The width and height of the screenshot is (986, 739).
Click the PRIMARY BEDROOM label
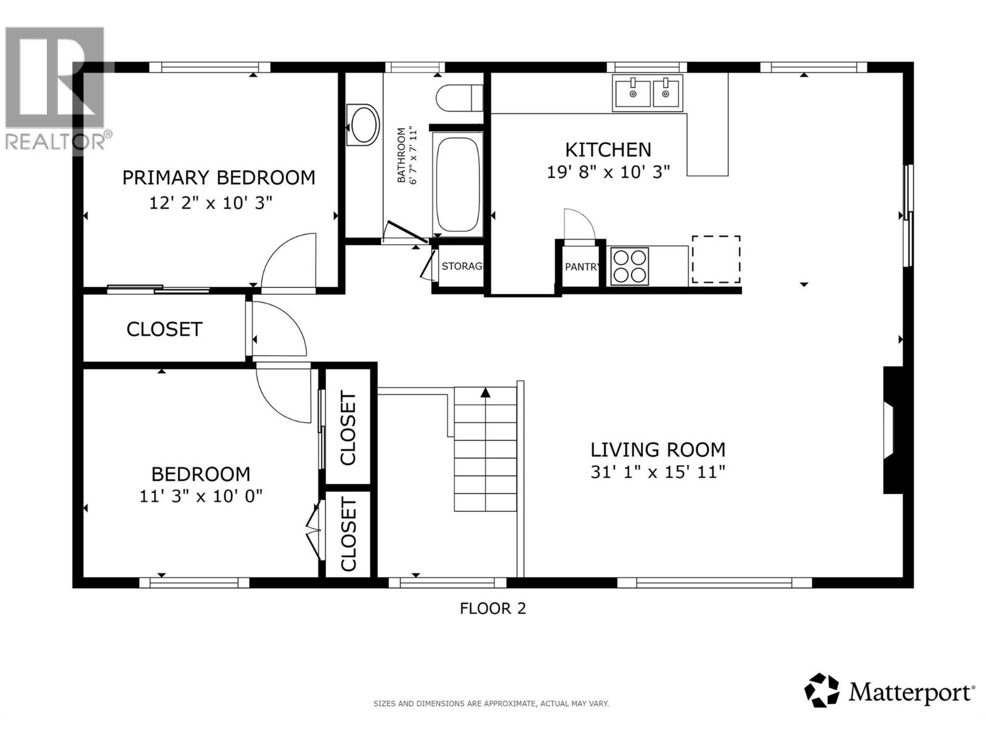(x=218, y=177)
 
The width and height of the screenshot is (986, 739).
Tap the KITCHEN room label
(x=608, y=150)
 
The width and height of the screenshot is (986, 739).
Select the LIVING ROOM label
(x=658, y=450)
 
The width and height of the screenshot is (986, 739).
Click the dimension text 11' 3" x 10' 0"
(x=200, y=496)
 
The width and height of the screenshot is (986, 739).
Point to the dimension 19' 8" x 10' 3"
(x=608, y=172)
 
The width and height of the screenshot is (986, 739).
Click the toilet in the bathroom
(x=459, y=97)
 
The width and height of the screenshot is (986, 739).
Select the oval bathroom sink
(x=362, y=124)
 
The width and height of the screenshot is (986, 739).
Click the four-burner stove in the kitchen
(x=629, y=266)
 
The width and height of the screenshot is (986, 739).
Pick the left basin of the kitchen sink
(x=632, y=93)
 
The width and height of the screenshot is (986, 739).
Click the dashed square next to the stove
(x=715, y=259)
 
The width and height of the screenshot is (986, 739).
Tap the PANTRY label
(x=581, y=267)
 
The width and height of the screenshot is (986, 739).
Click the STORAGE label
(x=462, y=266)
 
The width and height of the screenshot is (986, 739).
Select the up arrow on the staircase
(x=486, y=392)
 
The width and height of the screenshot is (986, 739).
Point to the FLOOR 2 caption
(x=492, y=608)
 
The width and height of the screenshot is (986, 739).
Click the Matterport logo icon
(x=821, y=690)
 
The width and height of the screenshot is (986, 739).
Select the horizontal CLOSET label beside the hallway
(x=164, y=329)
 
